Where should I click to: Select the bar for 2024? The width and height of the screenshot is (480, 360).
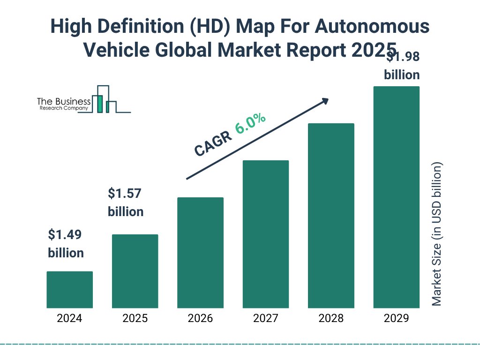click(x=69, y=290)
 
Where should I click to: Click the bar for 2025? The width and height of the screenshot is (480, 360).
click(x=135, y=271)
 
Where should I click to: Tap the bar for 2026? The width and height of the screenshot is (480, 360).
click(x=200, y=253)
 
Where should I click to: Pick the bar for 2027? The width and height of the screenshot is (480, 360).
click(x=265, y=234)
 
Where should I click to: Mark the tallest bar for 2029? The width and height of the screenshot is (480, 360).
click(x=396, y=197)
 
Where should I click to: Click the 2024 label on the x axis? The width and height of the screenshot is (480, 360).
click(x=69, y=319)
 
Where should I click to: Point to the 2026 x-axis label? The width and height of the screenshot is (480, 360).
click(x=200, y=319)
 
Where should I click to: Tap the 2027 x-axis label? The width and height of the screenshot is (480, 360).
click(x=265, y=319)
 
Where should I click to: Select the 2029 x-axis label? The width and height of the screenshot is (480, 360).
click(x=396, y=319)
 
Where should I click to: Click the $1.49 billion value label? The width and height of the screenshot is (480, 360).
click(x=66, y=244)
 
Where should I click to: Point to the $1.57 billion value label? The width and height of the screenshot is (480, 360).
click(x=126, y=202)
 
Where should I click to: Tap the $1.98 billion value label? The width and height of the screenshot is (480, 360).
click(x=402, y=66)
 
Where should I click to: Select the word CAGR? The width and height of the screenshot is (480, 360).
click(x=213, y=143)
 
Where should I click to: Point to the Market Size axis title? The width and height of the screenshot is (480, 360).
click(x=437, y=234)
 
